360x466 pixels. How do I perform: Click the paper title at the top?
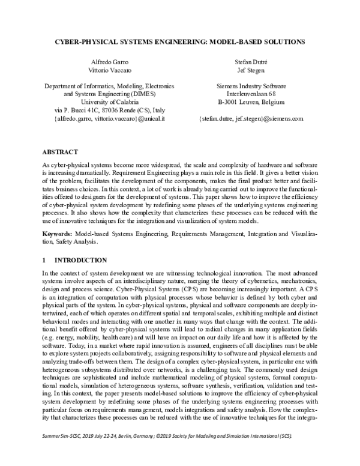[x=181, y=42]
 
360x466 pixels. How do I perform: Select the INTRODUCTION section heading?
[x=81, y=261]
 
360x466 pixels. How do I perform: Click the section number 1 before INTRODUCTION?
[x=44, y=261]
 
